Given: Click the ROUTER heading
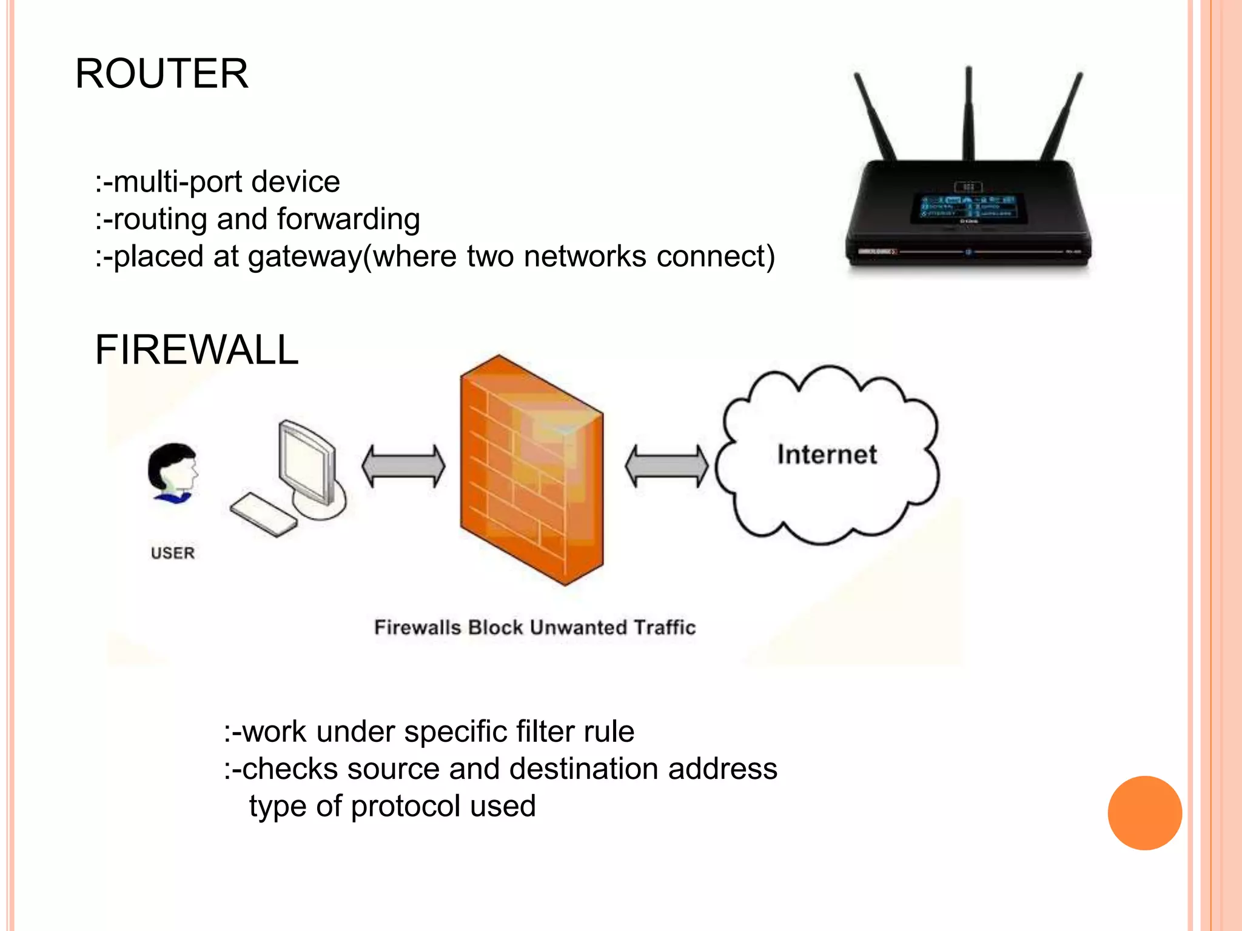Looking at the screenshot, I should click(161, 74).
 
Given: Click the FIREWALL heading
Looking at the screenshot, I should click(196, 350).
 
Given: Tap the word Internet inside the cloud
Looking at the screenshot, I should click(827, 455).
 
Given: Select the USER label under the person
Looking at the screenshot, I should click(173, 553).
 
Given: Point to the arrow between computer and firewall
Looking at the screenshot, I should click(403, 466).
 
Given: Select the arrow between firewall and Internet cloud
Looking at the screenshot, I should click(666, 466).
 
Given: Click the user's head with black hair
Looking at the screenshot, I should click(172, 467).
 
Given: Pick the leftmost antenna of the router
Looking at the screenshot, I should click(874, 115).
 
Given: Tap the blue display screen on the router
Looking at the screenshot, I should click(968, 207).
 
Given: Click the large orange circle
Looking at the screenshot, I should click(1144, 813).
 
